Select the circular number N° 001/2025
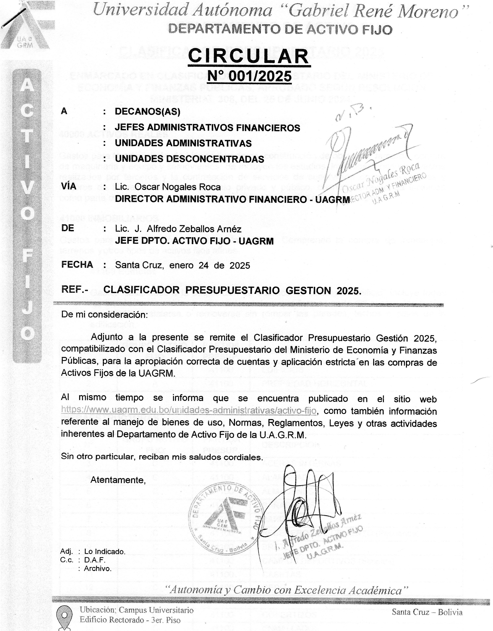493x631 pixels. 249,76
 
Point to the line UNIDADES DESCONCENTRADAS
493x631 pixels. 189,159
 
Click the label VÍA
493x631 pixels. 69,186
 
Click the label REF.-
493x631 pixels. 75,290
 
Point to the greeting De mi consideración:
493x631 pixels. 104,314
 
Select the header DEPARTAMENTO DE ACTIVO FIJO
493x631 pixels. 280,30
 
